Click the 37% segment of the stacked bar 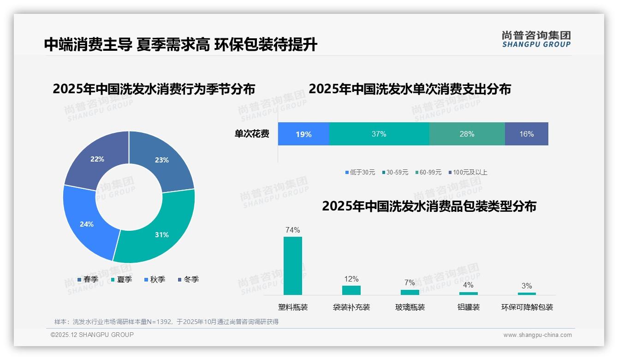(379, 134)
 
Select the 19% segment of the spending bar (303, 134)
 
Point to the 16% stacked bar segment (526, 134)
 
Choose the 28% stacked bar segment (467, 134)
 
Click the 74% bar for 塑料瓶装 (293, 265)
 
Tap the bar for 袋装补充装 (351, 290)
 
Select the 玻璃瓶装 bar (410, 292)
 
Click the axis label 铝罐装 (469, 307)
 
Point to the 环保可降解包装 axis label (527, 307)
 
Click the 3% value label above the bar (527, 286)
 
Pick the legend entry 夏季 (122, 279)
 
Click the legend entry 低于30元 (360, 172)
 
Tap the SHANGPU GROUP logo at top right (536, 39)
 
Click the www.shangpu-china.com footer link (537, 335)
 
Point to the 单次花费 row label (252, 134)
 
